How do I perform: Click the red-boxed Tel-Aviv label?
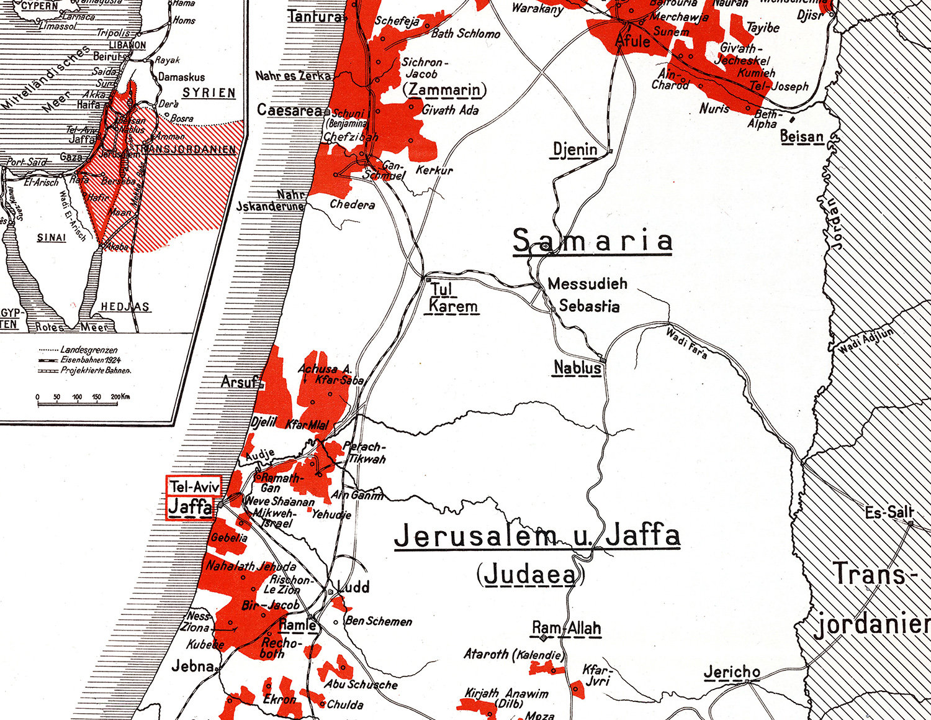point(194,486)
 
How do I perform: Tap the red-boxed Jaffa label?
point(191,508)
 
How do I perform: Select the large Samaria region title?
point(593,241)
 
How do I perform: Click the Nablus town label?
point(577,368)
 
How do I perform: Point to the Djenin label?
point(575,149)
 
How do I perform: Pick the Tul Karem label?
point(453,298)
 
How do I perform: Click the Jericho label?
point(732,672)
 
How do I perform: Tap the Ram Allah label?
point(567,628)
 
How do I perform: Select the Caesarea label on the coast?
point(290,111)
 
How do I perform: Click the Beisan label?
point(801,136)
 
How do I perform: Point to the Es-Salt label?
point(889,513)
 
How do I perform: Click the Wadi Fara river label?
point(686,343)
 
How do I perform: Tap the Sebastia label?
point(589,306)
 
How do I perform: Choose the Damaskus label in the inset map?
point(181,77)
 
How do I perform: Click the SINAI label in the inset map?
point(52,237)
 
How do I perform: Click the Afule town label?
point(632,41)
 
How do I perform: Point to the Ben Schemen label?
point(378,621)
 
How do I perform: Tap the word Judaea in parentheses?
point(529,575)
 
